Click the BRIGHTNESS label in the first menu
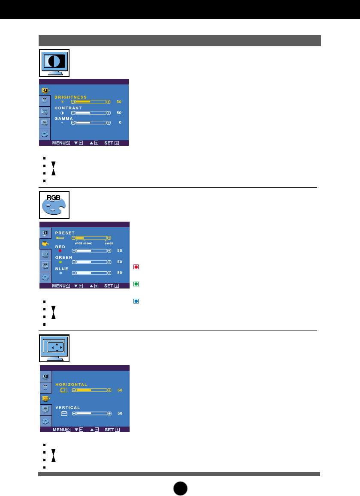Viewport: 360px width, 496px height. (70, 97)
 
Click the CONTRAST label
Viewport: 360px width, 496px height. (68, 108)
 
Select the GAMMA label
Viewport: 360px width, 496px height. (64, 118)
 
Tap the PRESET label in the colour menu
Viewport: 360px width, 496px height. (65, 233)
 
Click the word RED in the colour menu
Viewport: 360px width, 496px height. (61, 247)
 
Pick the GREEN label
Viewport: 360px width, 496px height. (64, 258)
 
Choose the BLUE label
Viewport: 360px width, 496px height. (62, 269)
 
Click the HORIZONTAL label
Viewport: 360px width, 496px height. (71, 385)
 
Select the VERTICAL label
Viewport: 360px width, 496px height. (67, 408)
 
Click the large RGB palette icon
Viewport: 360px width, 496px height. (54, 205)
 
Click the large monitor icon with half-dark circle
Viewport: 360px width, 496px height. (54, 63)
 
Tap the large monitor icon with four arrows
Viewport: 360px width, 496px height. (54, 349)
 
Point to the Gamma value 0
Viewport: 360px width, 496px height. (120, 123)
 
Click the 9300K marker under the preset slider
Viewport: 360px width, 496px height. (109, 243)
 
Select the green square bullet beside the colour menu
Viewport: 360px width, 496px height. (136, 284)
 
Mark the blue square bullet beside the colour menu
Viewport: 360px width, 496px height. (136, 301)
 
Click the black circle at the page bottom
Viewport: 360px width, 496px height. (180, 488)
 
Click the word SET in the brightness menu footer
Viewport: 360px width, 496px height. (109, 143)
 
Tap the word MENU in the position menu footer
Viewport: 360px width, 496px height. (59, 430)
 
